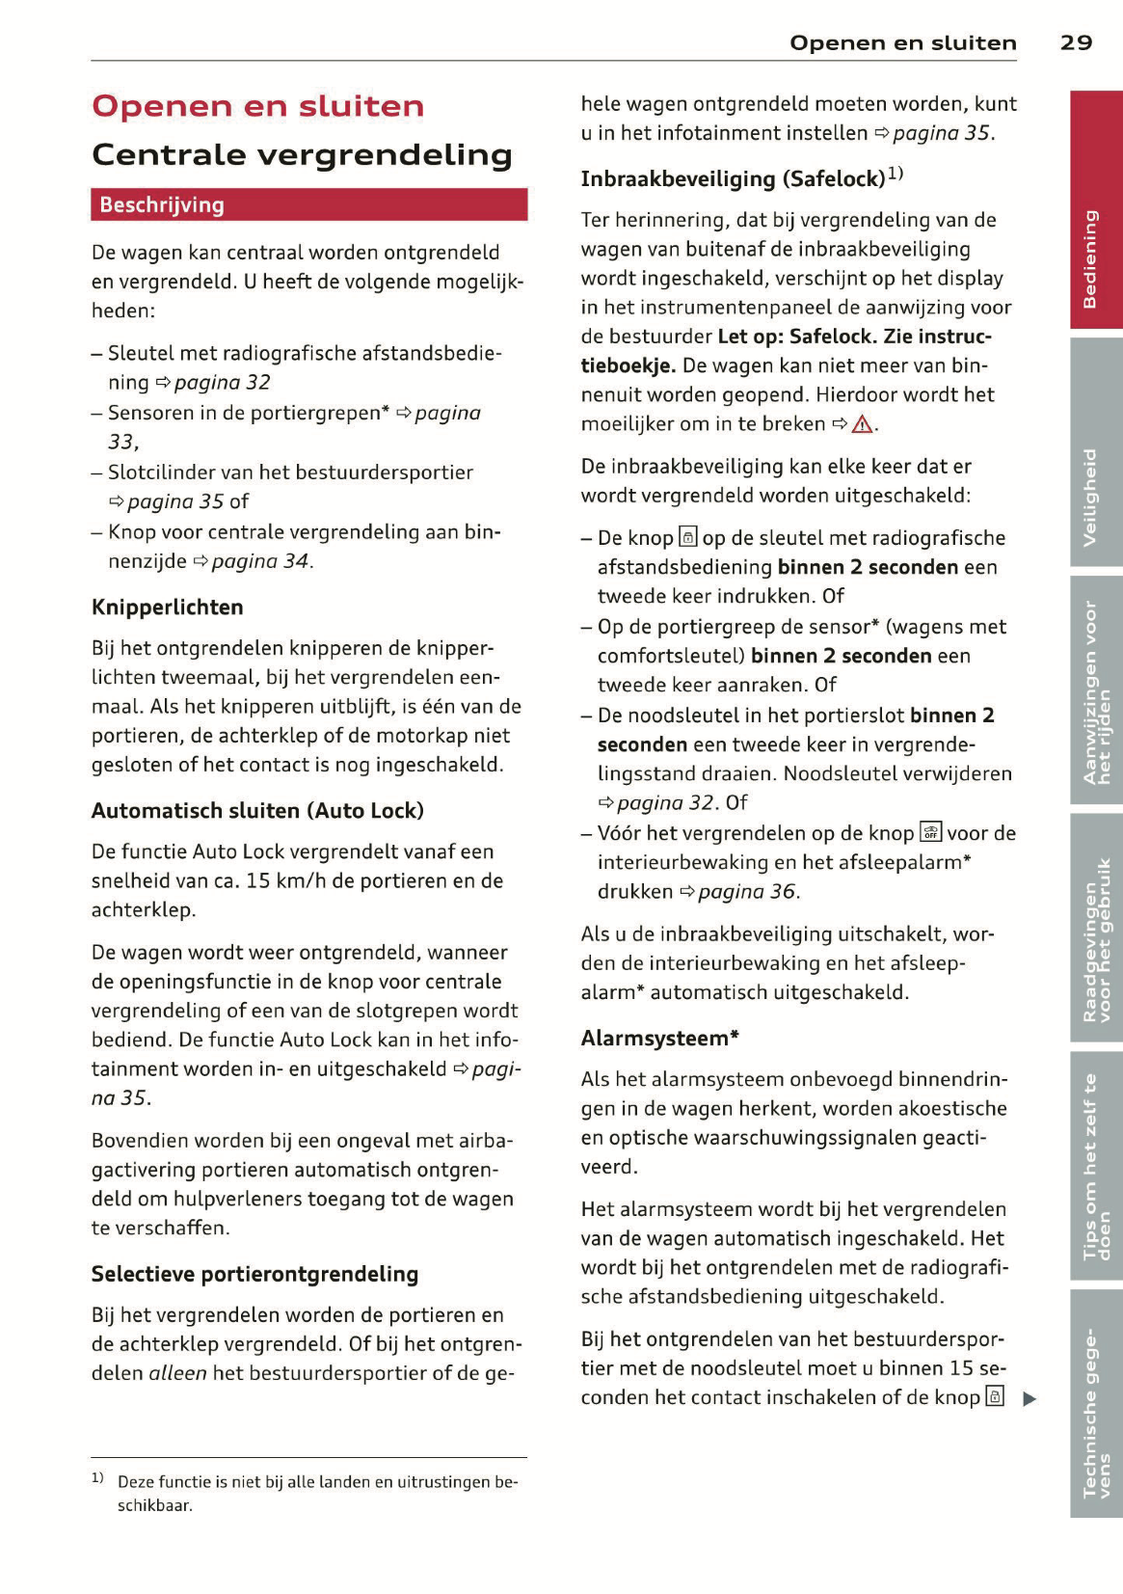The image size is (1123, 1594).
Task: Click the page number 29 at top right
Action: pyautogui.click(x=1076, y=42)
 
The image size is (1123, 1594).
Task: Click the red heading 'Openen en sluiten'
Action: pyautogui.click(x=257, y=106)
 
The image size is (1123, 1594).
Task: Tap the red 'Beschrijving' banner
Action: pyautogui.click(x=308, y=204)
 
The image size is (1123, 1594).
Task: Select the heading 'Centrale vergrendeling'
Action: pyautogui.click(x=302, y=154)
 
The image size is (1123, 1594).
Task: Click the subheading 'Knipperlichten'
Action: pyautogui.click(x=167, y=608)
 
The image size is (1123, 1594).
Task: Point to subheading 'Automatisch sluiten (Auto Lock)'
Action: pyautogui.click(x=257, y=811)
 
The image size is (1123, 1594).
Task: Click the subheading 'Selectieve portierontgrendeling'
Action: pyautogui.click(x=254, y=1274)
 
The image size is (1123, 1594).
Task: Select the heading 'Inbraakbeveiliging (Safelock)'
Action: pyautogui.click(x=733, y=178)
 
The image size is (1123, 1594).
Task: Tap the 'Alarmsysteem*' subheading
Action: pyautogui.click(x=659, y=1039)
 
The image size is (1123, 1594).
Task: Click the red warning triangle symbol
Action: pyautogui.click(x=861, y=424)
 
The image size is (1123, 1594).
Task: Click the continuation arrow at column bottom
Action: pyautogui.click(x=1029, y=1398)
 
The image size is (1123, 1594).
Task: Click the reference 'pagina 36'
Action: pyautogui.click(x=746, y=892)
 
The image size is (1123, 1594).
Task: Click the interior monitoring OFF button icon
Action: pyautogui.click(x=930, y=832)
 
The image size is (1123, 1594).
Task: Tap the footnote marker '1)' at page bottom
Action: pyautogui.click(x=97, y=1477)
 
